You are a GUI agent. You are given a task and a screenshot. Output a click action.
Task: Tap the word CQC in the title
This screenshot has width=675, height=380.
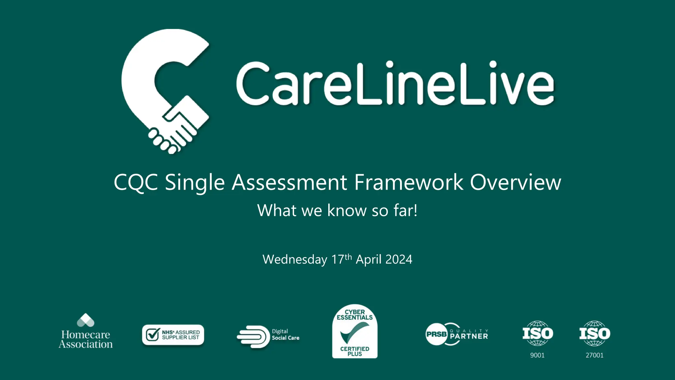pyautogui.click(x=136, y=182)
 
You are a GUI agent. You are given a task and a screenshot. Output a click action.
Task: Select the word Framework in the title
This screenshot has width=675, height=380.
pyautogui.click(x=409, y=182)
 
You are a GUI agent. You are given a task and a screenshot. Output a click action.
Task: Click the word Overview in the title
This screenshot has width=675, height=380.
pyautogui.click(x=515, y=182)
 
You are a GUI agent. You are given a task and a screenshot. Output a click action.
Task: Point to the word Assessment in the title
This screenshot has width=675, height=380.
pyautogui.click(x=289, y=182)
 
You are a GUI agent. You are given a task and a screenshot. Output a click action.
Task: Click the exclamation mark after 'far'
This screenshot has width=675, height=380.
pyautogui.click(x=415, y=210)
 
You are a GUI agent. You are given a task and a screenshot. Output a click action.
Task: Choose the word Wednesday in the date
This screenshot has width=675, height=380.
pyautogui.click(x=295, y=260)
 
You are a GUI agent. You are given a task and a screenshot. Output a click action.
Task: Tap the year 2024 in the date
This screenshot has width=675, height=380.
pyautogui.click(x=399, y=260)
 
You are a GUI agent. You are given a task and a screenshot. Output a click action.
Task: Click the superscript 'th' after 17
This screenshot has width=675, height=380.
pyautogui.click(x=348, y=257)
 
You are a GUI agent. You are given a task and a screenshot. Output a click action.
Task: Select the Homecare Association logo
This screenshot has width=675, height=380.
pyautogui.click(x=86, y=332)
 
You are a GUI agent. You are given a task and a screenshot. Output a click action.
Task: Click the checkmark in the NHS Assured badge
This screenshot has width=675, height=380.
pyautogui.click(x=153, y=334)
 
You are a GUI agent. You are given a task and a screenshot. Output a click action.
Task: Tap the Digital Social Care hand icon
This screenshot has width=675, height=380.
pyautogui.click(x=253, y=336)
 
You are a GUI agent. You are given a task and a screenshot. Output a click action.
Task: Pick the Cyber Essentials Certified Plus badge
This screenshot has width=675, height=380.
pyautogui.click(x=355, y=332)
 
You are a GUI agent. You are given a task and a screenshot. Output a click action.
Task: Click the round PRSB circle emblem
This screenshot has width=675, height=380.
pyautogui.click(x=436, y=334)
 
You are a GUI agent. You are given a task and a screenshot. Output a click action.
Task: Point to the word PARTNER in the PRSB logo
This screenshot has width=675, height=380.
pyautogui.click(x=469, y=336)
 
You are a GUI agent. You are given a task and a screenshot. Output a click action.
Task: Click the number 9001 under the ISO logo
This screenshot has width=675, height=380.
pyautogui.click(x=537, y=355)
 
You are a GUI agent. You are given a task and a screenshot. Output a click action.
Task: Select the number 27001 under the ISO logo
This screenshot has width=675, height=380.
pyautogui.click(x=595, y=355)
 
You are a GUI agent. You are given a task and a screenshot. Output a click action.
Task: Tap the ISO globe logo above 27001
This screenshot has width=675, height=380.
pyautogui.click(x=595, y=333)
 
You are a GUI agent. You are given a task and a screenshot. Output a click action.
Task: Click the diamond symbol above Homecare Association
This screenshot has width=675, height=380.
pyautogui.click(x=86, y=320)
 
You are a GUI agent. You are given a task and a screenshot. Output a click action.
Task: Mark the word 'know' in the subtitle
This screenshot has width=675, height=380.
pyautogui.click(x=347, y=210)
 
